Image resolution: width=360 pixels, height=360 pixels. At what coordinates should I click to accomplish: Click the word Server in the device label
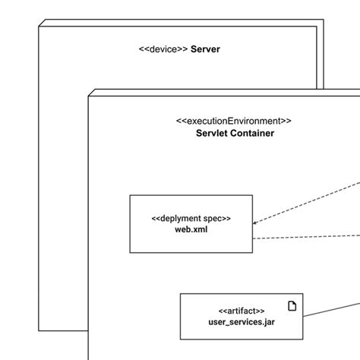(x=205, y=50)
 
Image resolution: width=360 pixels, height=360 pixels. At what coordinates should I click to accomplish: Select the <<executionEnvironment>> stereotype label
(x=233, y=121)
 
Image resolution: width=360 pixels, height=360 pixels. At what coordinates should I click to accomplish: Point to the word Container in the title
(x=253, y=133)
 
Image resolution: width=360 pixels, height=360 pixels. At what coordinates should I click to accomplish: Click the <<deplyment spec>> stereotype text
(x=191, y=218)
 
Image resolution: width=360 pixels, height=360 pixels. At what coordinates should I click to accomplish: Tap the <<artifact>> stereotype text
(x=241, y=311)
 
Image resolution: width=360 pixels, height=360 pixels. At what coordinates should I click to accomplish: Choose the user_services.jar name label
(x=241, y=322)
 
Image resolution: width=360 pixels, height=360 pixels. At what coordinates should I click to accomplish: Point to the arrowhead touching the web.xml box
(x=255, y=223)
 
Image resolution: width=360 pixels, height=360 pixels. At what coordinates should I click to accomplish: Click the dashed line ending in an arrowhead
(x=304, y=203)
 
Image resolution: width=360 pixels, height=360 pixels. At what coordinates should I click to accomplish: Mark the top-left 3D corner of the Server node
(x=43, y=25)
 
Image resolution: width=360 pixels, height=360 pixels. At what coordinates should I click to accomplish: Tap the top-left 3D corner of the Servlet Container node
(x=92, y=91)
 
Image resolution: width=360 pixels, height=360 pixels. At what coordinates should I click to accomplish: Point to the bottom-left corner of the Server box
(x=39, y=330)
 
